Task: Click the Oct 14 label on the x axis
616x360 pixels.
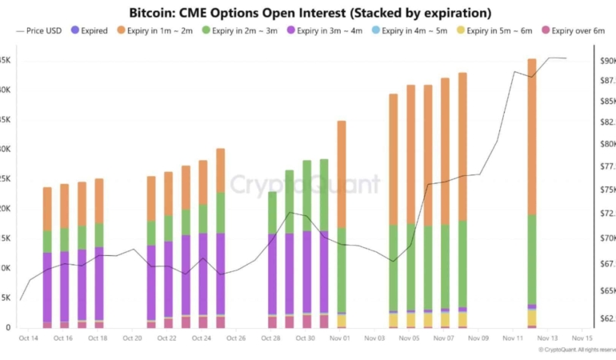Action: tap(28, 338)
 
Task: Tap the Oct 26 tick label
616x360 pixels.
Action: tap(237, 338)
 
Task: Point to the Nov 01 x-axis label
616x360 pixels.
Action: tap(341, 338)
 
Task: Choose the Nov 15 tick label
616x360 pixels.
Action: tap(583, 338)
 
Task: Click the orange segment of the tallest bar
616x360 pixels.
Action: tap(532, 136)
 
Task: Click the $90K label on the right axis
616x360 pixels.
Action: tap(606, 61)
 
